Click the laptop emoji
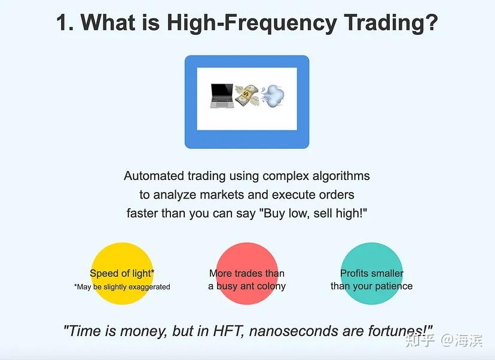(x=222, y=96)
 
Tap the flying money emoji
(x=247, y=95)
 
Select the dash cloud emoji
(x=272, y=96)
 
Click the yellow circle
(x=122, y=273)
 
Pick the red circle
(x=247, y=273)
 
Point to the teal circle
(x=372, y=273)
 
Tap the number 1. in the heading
(x=65, y=23)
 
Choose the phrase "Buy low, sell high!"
(x=313, y=213)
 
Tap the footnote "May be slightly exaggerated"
(x=122, y=286)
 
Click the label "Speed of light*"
(x=122, y=273)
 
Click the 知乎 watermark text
(x=420, y=340)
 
